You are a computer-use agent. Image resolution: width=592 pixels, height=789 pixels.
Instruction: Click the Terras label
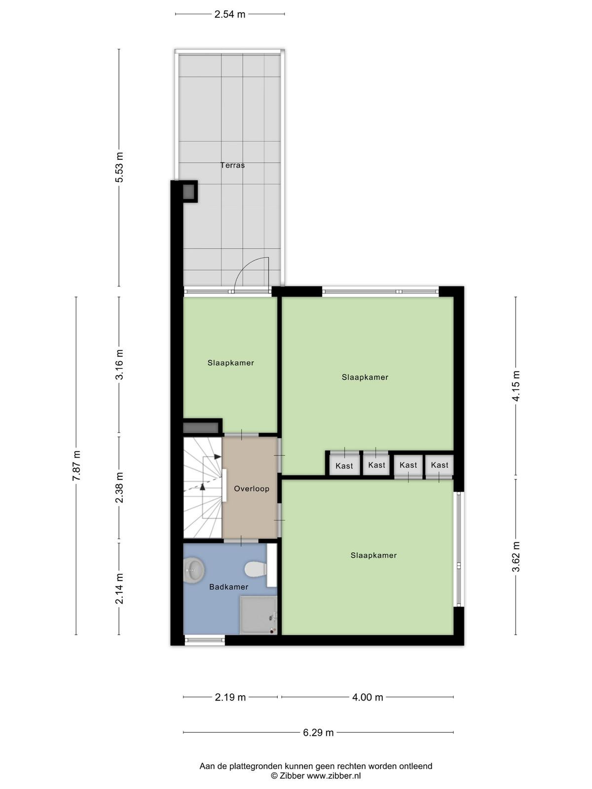pyautogui.click(x=232, y=165)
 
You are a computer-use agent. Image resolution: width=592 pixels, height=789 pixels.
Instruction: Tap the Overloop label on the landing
pyautogui.click(x=251, y=489)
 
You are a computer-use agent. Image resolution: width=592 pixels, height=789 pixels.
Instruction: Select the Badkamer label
pyautogui.click(x=228, y=587)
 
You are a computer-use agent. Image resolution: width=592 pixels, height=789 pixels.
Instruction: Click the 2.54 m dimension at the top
pyautogui.click(x=230, y=14)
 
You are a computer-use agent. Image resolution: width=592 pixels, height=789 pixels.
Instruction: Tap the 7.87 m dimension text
pyautogui.click(x=76, y=466)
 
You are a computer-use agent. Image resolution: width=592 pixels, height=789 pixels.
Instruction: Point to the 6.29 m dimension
pyautogui.click(x=318, y=732)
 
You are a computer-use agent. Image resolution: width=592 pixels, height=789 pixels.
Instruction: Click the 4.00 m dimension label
pyautogui.click(x=368, y=697)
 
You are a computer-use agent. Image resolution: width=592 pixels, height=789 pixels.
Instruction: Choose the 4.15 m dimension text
pyautogui.click(x=516, y=386)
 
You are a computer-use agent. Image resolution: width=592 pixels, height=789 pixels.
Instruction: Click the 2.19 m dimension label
pyautogui.click(x=230, y=697)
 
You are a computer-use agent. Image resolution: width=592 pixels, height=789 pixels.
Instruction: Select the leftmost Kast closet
pyautogui.click(x=344, y=465)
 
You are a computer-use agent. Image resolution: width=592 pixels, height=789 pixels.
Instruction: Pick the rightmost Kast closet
pyautogui.click(x=439, y=465)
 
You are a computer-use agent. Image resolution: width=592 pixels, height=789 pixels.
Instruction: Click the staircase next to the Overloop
pyautogui.click(x=203, y=488)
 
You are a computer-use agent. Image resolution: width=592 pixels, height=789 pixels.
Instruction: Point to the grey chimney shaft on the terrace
pyautogui.click(x=189, y=192)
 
